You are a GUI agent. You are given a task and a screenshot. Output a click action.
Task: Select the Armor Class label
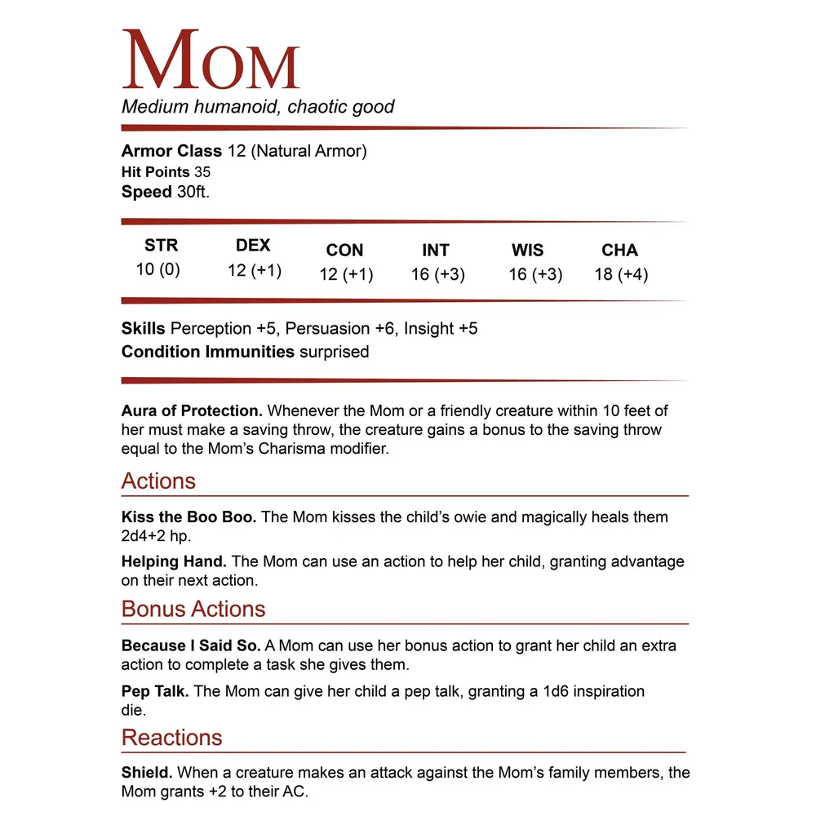pyautogui.click(x=171, y=151)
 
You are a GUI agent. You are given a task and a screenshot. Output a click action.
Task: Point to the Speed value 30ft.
pyautogui.click(x=198, y=193)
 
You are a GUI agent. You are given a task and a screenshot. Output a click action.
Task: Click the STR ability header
pyautogui.click(x=161, y=246)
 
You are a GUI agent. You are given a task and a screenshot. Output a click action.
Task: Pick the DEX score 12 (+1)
pyautogui.click(x=255, y=270)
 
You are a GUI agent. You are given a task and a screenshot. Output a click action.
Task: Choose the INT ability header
pyautogui.click(x=436, y=251)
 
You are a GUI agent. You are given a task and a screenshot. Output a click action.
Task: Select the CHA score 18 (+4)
pyautogui.click(x=621, y=274)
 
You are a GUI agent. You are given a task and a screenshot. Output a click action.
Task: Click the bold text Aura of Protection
pyautogui.click(x=192, y=410)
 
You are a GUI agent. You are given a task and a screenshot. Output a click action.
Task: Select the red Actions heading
pyautogui.click(x=158, y=481)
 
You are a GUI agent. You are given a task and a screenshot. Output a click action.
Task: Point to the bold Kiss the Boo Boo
pyautogui.click(x=189, y=517)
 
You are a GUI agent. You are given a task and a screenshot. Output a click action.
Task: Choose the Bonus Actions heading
pyautogui.click(x=193, y=609)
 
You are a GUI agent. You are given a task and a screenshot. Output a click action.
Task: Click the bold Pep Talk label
pyautogui.click(x=155, y=691)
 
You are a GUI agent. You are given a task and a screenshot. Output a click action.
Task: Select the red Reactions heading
pyautogui.click(x=171, y=737)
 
